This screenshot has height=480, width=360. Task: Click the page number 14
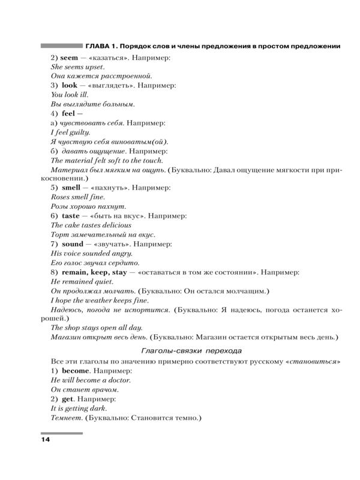coord(46,441)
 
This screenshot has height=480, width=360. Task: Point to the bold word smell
coord(71,187)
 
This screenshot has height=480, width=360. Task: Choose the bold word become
coord(75,371)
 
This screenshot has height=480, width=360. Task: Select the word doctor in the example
coord(118,381)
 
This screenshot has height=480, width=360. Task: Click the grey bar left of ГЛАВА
coord(61,46)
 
